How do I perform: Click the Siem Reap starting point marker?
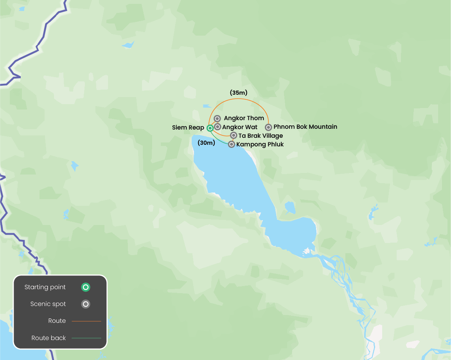[x=210, y=128]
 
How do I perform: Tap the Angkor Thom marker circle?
[x=217, y=118]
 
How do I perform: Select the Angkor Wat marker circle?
[x=217, y=127]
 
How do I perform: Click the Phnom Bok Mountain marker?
[x=268, y=127]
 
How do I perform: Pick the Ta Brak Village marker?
[x=234, y=135]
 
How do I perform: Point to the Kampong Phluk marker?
[x=232, y=144]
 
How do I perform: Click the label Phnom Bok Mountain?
[x=305, y=127]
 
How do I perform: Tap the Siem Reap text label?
[x=188, y=128]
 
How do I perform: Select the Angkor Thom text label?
[x=244, y=118]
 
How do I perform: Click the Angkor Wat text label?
[x=240, y=127]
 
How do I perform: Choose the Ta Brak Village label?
[x=261, y=136]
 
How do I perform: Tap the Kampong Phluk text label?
[x=260, y=144]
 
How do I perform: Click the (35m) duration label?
[x=239, y=93]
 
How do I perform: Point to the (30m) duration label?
[x=207, y=143]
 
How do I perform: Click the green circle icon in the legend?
[x=86, y=287]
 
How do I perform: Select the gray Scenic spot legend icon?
[x=86, y=304]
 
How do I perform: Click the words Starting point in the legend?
[x=45, y=287]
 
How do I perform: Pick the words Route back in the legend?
[x=49, y=338]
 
